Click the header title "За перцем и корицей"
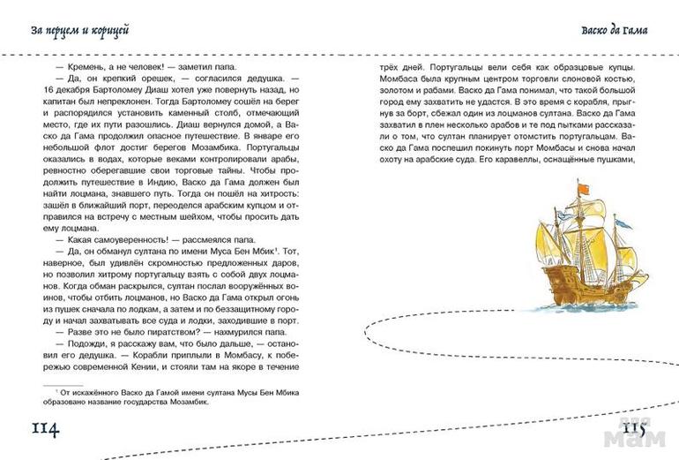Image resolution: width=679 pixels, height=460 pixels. click(x=79, y=32)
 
